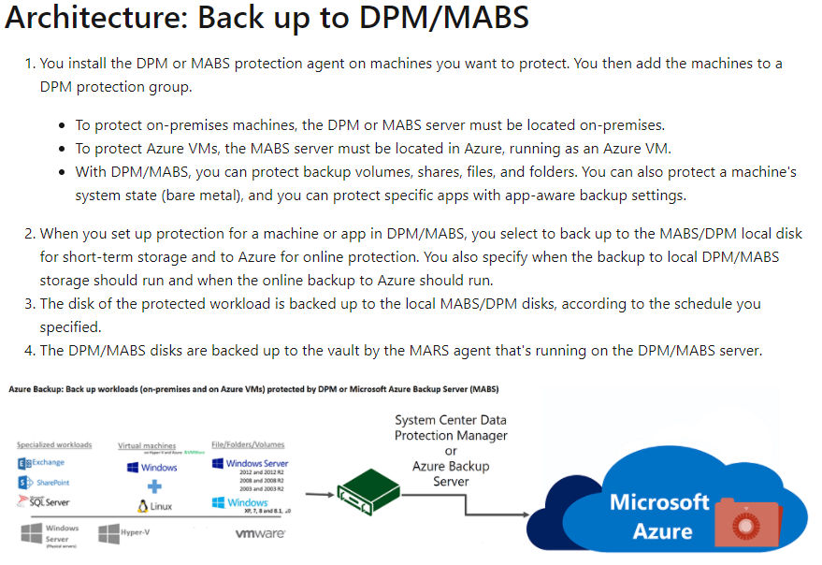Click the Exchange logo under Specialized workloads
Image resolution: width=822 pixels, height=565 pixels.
pos(41,463)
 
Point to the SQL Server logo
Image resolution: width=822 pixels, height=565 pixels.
pos(43,502)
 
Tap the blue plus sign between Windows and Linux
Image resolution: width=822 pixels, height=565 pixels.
pos(155,486)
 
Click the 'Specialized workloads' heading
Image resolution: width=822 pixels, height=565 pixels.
pos(54,444)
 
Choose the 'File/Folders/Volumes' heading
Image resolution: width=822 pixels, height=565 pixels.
pos(248,444)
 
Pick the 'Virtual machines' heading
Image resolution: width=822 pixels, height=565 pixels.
pos(147,446)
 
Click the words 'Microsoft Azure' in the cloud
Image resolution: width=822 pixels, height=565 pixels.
pos(659,517)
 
